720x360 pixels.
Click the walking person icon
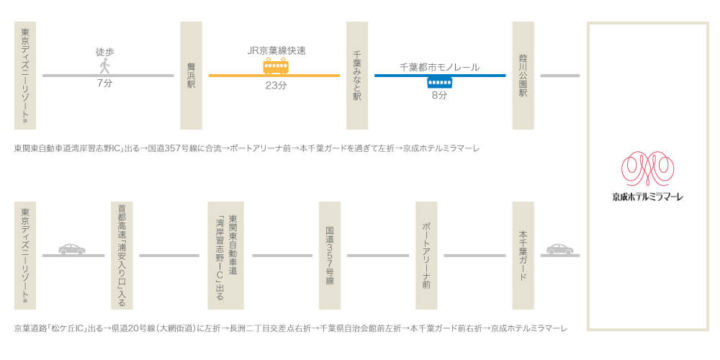point(105,66)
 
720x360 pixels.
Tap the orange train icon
point(276,66)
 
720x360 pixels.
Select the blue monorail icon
point(440,82)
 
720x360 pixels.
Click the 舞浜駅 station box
point(191,76)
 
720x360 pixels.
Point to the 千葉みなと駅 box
point(357,76)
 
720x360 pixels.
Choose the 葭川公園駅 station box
point(523,76)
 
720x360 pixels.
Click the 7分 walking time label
point(104,84)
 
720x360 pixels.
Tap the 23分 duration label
point(276,86)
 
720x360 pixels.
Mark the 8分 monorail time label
point(439,96)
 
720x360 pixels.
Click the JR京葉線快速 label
point(276,51)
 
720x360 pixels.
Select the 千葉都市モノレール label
point(440,67)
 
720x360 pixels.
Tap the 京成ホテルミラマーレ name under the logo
point(648,197)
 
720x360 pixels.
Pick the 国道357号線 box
point(330,256)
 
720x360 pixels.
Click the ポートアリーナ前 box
point(426,256)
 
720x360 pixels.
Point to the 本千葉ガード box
point(523,256)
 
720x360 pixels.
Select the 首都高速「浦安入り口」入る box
point(122,256)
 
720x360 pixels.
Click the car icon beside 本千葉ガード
point(559,249)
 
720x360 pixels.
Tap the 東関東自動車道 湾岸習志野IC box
point(225,256)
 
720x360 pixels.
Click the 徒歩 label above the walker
point(104,53)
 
